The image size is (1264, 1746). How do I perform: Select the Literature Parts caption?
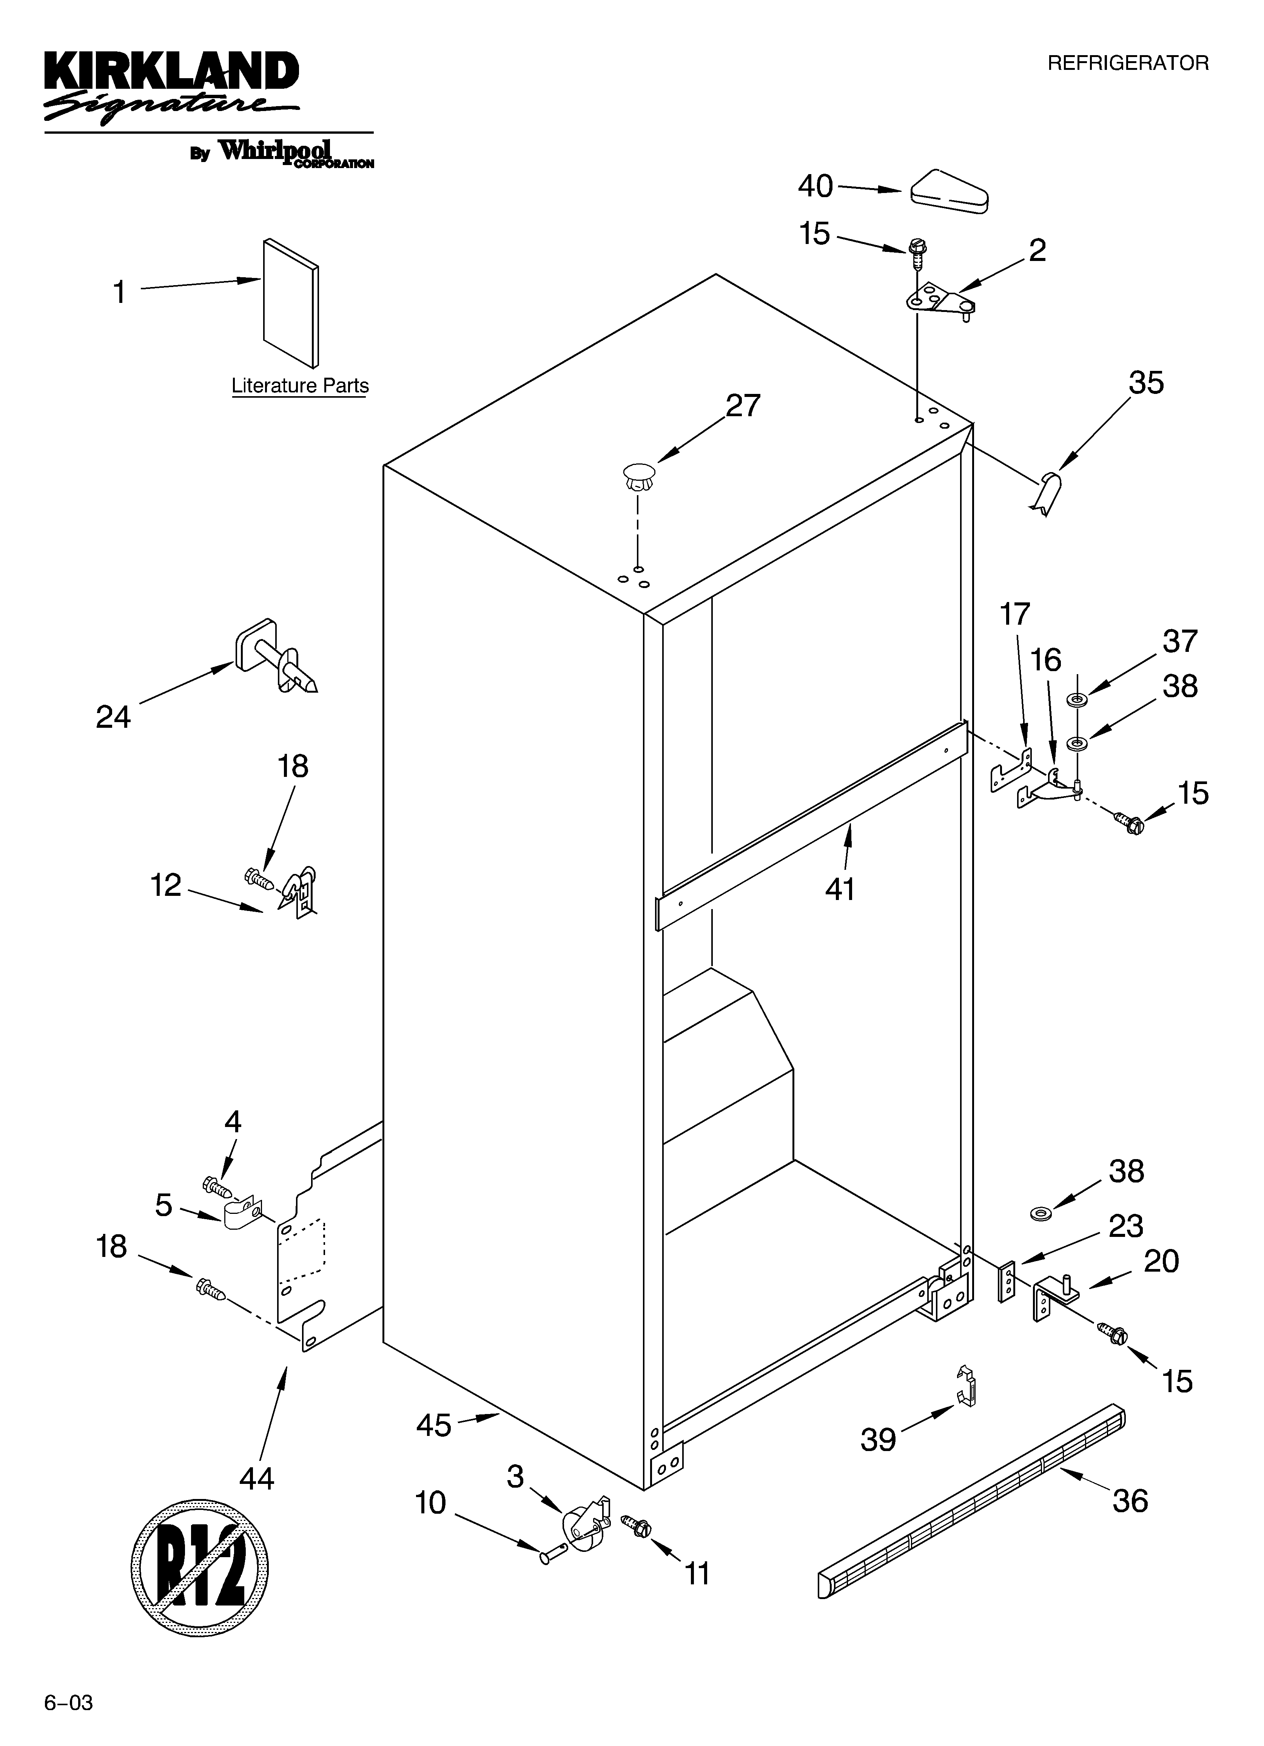click(300, 386)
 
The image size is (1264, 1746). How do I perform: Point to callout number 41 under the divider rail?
click(840, 889)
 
